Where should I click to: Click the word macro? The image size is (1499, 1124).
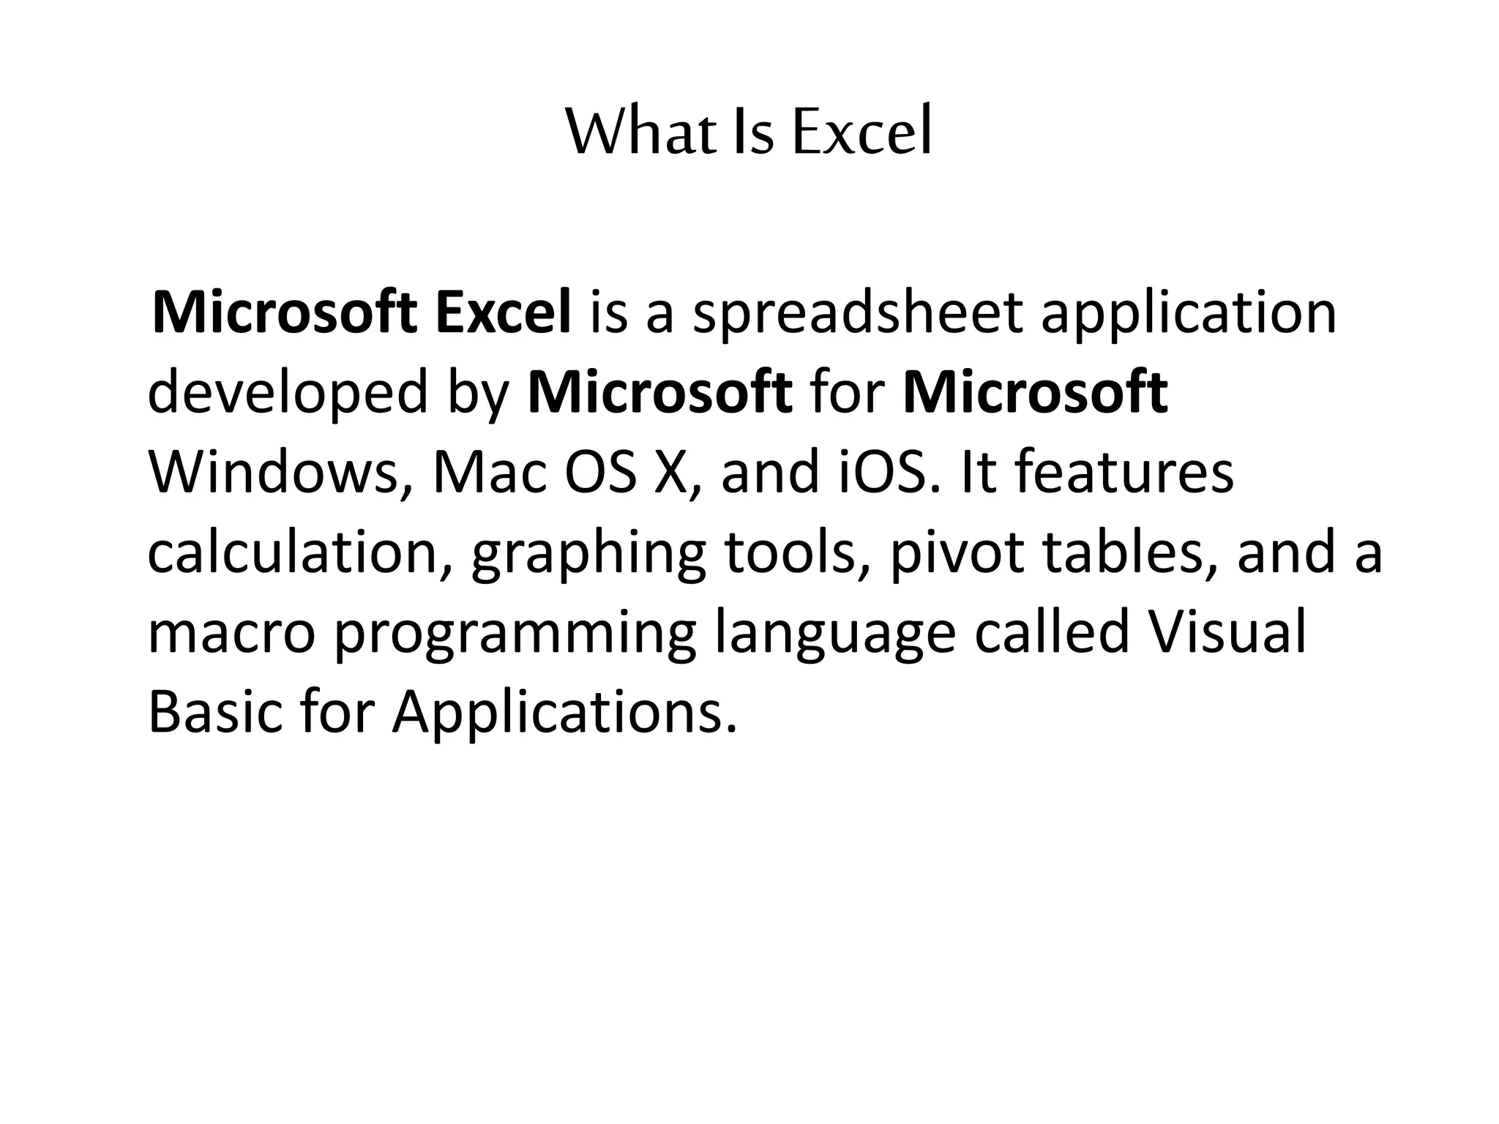pyautogui.click(x=231, y=633)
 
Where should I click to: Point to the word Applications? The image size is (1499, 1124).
pyautogui.click(x=564, y=713)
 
